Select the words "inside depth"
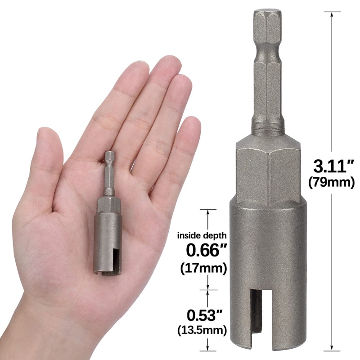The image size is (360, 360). click(x=202, y=235)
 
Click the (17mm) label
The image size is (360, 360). click(x=203, y=268)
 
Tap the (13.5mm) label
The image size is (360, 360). click(x=202, y=330)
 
